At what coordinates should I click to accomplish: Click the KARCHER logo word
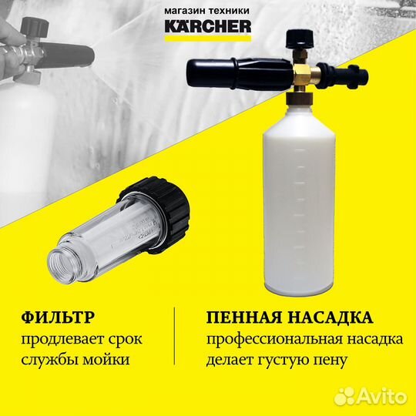coord(207,28)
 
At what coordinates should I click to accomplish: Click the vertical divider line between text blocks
coord(176,339)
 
